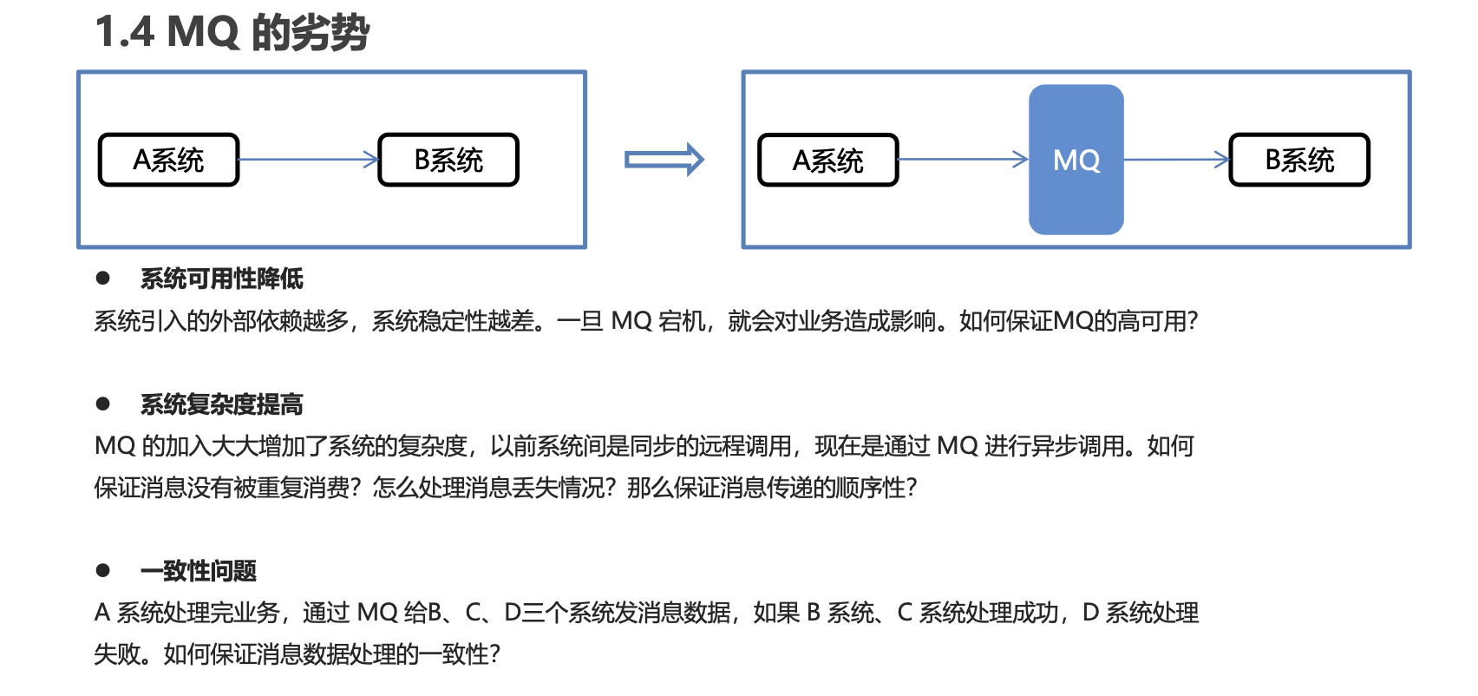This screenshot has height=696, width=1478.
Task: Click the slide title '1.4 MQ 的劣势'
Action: [x=232, y=33]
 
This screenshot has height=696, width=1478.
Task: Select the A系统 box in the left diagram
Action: [x=168, y=160]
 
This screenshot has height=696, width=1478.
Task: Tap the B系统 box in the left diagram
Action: [x=448, y=160]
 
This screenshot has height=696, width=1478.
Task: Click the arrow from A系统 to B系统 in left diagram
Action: [x=309, y=160]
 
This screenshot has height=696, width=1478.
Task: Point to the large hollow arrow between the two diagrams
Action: [x=664, y=160]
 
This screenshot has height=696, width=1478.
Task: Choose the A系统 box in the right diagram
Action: [x=828, y=160]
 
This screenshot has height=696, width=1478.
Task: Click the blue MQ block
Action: [x=1076, y=160]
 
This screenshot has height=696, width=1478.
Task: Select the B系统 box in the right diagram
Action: [x=1299, y=160]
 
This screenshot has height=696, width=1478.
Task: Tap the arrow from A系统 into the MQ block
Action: [x=963, y=160]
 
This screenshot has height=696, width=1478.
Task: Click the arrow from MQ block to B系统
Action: [x=1177, y=160]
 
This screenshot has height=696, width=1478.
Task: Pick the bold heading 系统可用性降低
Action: [x=222, y=279]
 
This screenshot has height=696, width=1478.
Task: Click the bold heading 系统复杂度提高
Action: [x=222, y=404]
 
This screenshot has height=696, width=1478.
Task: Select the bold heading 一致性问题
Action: [x=199, y=571]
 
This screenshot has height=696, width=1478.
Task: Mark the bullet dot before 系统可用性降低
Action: [x=103, y=279]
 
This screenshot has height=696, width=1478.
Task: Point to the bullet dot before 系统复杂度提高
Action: [x=103, y=404]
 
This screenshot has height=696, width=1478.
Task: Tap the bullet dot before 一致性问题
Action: [x=103, y=571]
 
